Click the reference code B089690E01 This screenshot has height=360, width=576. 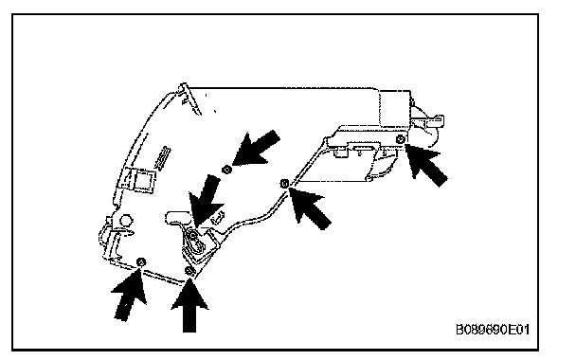tap(493, 330)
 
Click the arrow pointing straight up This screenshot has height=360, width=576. tap(189, 306)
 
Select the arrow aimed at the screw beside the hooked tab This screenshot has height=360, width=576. tap(426, 164)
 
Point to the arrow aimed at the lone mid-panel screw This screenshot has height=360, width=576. tap(256, 148)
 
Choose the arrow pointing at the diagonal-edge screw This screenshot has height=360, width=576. tap(310, 207)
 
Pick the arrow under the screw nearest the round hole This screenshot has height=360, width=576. tap(129, 295)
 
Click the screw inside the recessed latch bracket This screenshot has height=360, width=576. tap(193, 235)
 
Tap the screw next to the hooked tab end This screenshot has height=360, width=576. tap(401, 139)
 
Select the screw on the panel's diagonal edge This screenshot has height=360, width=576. tap(284, 183)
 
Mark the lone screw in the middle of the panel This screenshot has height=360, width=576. tap(227, 170)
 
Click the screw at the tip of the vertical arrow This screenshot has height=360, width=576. tap(189, 272)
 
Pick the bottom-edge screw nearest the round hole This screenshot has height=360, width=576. tap(141, 261)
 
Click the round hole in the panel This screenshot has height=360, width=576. tap(126, 221)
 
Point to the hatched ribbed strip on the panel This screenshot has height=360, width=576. tap(163, 158)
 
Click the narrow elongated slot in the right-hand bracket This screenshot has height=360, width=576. tap(364, 148)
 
